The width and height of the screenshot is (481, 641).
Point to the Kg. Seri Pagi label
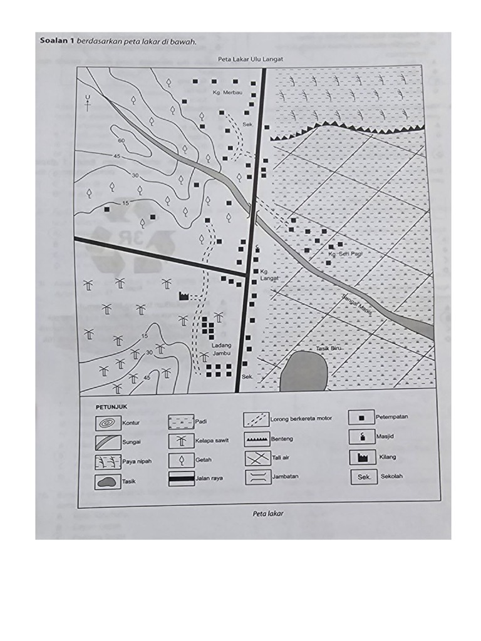tap(345, 255)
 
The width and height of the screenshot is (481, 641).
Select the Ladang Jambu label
tap(221, 349)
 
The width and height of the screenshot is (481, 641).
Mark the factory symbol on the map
tap(184, 296)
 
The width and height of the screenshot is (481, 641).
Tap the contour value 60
tap(121, 141)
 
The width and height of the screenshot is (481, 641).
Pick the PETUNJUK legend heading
tap(112, 406)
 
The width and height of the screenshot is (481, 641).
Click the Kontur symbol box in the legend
tap(108, 423)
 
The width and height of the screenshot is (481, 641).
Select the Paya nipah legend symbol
tap(108, 462)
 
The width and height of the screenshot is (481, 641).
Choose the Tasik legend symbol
tap(108, 481)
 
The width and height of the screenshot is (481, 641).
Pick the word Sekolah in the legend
tap(392, 476)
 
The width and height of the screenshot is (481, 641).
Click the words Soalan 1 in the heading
tap(57, 42)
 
